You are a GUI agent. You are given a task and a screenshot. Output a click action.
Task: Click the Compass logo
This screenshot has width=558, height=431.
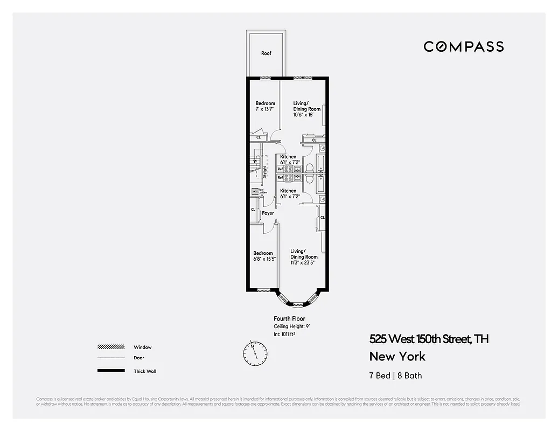click(463, 46)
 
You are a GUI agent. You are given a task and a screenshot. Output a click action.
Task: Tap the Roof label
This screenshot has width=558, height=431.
click(266, 53)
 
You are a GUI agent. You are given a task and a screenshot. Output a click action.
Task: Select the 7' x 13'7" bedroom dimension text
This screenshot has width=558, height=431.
click(265, 109)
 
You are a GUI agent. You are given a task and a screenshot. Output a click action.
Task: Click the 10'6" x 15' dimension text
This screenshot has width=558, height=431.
click(306, 115)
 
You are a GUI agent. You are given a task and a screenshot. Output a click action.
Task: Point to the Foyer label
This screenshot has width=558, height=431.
click(268, 213)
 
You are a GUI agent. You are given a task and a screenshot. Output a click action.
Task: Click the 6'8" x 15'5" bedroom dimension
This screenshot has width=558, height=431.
click(264, 259)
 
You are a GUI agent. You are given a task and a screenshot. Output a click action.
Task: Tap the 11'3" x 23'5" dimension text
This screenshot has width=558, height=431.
click(304, 263)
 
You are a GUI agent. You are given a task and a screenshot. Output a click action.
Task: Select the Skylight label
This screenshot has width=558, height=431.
click(265, 171)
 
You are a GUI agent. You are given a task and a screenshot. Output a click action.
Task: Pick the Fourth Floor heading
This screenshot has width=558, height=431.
click(289, 319)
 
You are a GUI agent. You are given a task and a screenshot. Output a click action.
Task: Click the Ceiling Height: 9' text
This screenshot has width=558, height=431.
click(292, 326)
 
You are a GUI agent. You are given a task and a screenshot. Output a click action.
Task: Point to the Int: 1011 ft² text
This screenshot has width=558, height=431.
click(284, 334)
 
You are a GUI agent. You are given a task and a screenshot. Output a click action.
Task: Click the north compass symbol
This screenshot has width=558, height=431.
click(255, 353)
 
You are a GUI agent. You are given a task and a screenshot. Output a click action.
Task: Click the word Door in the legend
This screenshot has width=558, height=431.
click(139, 358)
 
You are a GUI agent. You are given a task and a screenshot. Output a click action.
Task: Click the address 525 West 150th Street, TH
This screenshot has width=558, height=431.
click(429, 339)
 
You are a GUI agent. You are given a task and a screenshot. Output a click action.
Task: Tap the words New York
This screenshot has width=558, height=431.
click(397, 357)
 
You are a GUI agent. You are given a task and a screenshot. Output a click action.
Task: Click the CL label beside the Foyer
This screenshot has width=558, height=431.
click(253, 210)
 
